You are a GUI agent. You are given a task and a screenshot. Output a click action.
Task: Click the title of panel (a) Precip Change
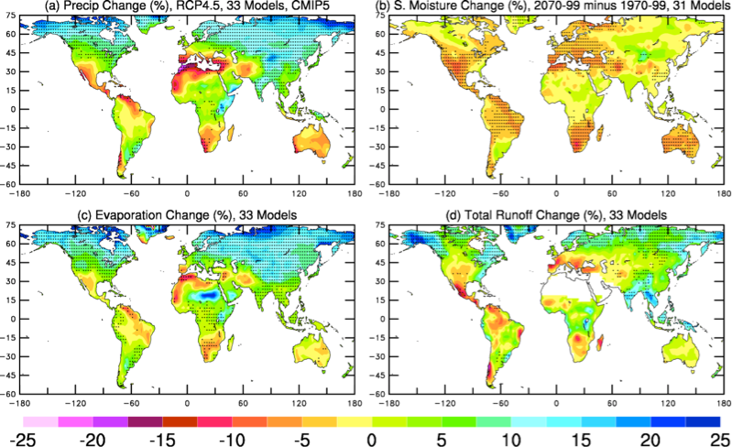coord(183,6)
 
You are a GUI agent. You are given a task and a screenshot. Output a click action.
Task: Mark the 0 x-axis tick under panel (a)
coord(188,194)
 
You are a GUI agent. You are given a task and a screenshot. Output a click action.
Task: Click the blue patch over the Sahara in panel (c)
coord(213,297)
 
